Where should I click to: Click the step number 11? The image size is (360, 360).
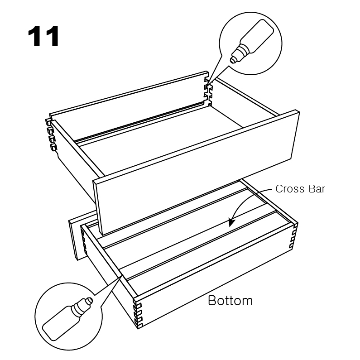click(x=43, y=36)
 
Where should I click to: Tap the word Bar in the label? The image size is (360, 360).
click(x=317, y=189)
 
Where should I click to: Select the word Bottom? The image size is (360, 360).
click(x=230, y=300)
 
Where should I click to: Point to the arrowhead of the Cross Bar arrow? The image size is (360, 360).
click(x=231, y=222)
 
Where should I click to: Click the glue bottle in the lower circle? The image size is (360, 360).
click(x=68, y=319)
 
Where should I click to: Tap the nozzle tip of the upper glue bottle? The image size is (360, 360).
click(x=232, y=61)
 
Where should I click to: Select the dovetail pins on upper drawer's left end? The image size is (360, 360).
click(x=51, y=135)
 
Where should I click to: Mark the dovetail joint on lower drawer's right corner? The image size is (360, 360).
click(x=294, y=236)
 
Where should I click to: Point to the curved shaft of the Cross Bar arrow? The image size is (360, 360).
click(x=247, y=197)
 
